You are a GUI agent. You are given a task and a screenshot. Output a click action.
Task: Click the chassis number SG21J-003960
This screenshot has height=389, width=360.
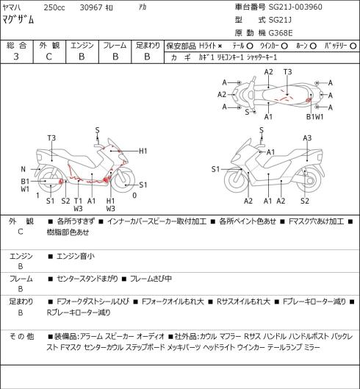[x=295, y=7]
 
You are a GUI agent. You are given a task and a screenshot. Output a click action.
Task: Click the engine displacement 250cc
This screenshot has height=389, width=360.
[x=54, y=7]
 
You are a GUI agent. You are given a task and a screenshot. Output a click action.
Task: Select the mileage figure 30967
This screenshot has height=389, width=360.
[x=91, y=7]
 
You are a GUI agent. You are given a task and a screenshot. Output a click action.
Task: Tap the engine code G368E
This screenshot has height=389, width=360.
[x=281, y=33]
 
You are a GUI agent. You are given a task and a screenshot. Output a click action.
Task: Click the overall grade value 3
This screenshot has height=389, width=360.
[x=16, y=57]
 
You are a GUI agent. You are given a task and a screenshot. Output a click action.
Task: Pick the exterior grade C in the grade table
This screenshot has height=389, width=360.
[x=48, y=57]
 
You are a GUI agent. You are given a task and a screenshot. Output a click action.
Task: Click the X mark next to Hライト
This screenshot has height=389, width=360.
[x=220, y=46]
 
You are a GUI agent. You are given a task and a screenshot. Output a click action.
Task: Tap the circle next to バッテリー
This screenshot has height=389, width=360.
[x=353, y=46]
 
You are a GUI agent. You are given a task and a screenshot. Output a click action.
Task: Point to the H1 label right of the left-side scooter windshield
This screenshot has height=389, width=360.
[x=143, y=151]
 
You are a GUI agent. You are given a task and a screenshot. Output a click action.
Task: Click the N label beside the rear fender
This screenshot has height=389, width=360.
[x=23, y=169]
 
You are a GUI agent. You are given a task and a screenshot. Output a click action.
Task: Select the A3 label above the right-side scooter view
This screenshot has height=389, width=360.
[x=307, y=138]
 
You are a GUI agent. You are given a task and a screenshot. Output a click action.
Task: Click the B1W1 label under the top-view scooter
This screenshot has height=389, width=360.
[x=315, y=117]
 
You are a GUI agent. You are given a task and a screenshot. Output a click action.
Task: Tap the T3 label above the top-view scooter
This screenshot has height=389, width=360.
[x=287, y=72]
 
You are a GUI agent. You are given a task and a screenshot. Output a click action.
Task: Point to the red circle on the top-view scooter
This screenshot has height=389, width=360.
[x=308, y=100]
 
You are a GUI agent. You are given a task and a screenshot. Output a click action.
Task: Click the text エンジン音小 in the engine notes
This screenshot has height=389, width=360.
[x=76, y=256]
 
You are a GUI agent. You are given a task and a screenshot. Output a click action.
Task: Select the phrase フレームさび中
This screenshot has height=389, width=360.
[x=151, y=279]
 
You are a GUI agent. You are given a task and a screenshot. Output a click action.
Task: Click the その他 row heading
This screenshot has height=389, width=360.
[x=21, y=336]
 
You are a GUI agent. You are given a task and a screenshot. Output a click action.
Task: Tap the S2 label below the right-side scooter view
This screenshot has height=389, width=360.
[x=305, y=201]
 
